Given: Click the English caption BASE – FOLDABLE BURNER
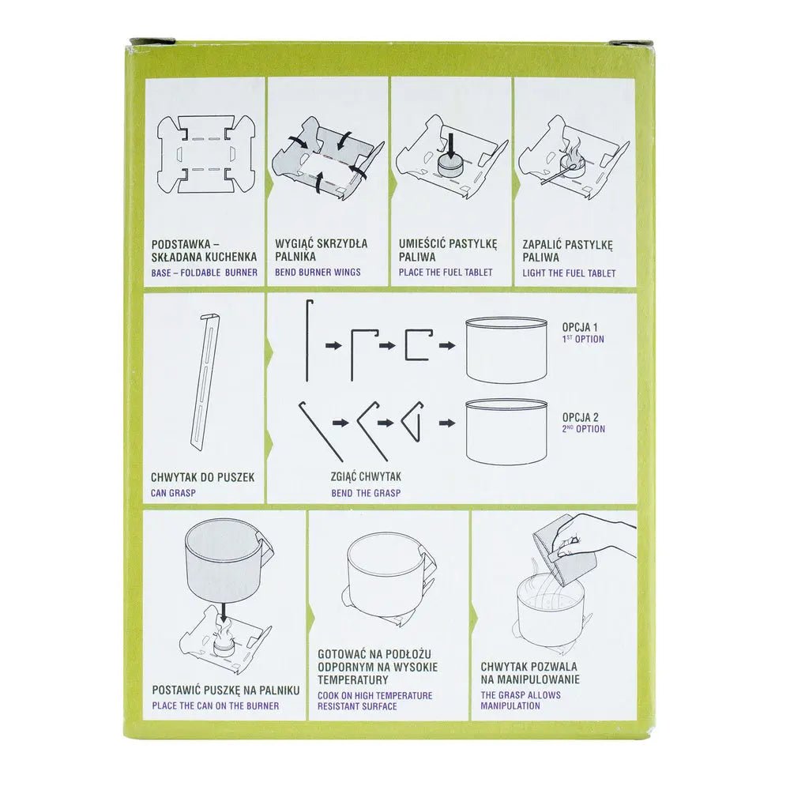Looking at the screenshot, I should point(204,273).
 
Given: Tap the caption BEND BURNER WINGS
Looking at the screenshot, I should point(318,273).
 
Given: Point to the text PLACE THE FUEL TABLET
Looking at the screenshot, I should point(446,273).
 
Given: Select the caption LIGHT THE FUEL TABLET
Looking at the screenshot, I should point(569,273).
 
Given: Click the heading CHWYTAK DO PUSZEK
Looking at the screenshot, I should point(202,478).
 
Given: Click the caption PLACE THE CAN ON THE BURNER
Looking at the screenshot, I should point(215,705).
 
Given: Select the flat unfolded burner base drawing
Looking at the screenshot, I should point(205,153).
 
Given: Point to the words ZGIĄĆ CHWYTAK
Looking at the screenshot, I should point(367,478).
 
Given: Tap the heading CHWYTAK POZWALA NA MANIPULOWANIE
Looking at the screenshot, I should point(530,673).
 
